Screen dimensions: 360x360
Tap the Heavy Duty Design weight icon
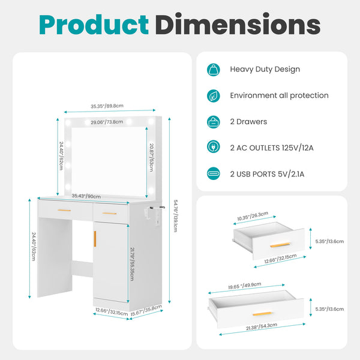pyautogui.click(x=213, y=69)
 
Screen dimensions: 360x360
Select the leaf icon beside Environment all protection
pyautogui.click(x=213, y=95)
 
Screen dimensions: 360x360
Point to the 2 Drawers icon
pyautogui.click(x=213, y=121)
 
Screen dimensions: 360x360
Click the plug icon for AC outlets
pyautogui.click(x=213, y=148)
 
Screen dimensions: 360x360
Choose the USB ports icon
pyautogui.click(x=213, y=173)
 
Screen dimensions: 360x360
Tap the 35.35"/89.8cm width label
pyautogui.click(x=107, y=106)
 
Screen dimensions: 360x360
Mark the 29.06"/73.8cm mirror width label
pyautogui.click(x=107, y=122)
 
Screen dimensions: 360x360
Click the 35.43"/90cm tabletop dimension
pyautogui.click(x=86, y=196)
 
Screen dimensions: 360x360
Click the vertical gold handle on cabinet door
pyautogui.click(x=95, y=238)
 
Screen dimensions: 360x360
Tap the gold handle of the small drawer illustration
pyautogui.click(x=279, y=245)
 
